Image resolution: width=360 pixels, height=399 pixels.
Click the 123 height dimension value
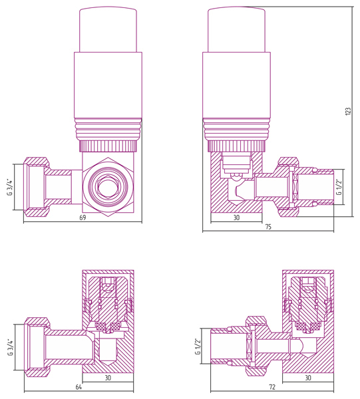pos(348,112)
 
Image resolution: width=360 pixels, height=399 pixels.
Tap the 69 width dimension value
pos(83,218)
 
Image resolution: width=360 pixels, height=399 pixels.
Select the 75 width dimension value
pos(268,227)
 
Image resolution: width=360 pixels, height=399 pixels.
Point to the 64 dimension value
pos(79,387)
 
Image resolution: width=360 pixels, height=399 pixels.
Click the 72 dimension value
pos(272,387)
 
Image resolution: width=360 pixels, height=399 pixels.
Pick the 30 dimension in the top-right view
pos(236,217)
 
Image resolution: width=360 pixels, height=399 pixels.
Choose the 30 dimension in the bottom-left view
pos(108,378)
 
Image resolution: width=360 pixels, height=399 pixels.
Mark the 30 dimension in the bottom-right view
pos(308,378)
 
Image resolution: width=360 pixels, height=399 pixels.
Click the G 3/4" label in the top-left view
pos(10,187)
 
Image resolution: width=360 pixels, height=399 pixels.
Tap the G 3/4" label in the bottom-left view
pos(11,347)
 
